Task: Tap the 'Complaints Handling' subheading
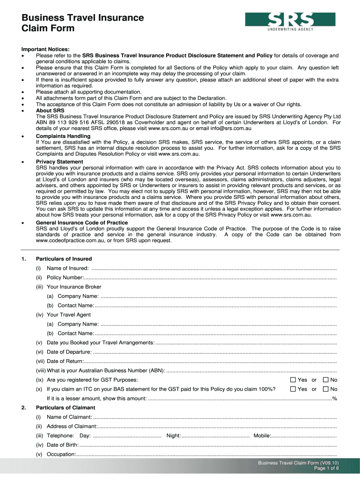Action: pyautogui.click(x=63, y=136)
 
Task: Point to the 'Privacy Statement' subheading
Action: pyautogui.click(x=59, y=161)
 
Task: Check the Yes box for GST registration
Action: pyautogui.click(x=293, y=380)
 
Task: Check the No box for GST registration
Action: pyautogui.click(x=326, y=380)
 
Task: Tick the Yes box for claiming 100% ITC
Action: pyautogui.click(x=293, y=389)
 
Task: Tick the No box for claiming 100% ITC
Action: pyautogui.click(x=326, y=389)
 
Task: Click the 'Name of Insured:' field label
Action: pyautogui.click(x=68, y=268)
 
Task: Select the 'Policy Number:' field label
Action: pyautogui.click(x=65, y=277)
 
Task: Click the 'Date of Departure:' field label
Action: pyautogui.click(x=69, y=352)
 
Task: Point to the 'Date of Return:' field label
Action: pyautogui.click(x=65, y=361)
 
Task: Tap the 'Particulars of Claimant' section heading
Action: pyautogui.click(x=65, y=407)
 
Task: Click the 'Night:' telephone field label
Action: pyautogui.click(x=173, y=435)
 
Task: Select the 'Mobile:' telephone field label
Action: pyautogui.click(x=262, y=435)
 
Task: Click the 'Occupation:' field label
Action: pyautogui.click(x=61, y=454)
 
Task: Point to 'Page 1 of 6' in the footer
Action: pyautogui.click(x=326, y=468)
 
